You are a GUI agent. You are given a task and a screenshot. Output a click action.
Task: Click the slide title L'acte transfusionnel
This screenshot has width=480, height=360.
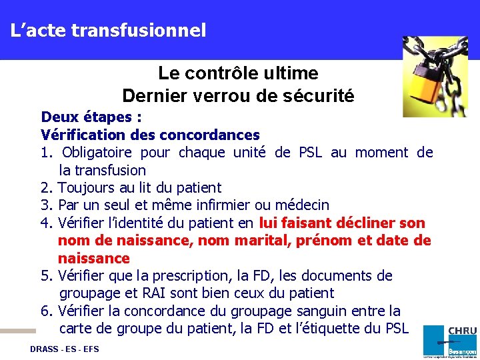point(108,30)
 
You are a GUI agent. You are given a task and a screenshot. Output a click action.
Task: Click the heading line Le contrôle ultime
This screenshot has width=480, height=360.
point(238,73)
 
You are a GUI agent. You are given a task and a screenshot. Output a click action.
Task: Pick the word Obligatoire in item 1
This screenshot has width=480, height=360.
point(98,153)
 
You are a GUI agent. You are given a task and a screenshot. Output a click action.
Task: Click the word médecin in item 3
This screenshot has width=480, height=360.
point(304,205)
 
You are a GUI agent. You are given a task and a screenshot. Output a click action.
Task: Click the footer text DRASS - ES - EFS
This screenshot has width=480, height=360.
point(64,349)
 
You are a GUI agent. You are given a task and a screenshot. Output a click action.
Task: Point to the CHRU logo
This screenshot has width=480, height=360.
point(450,340)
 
